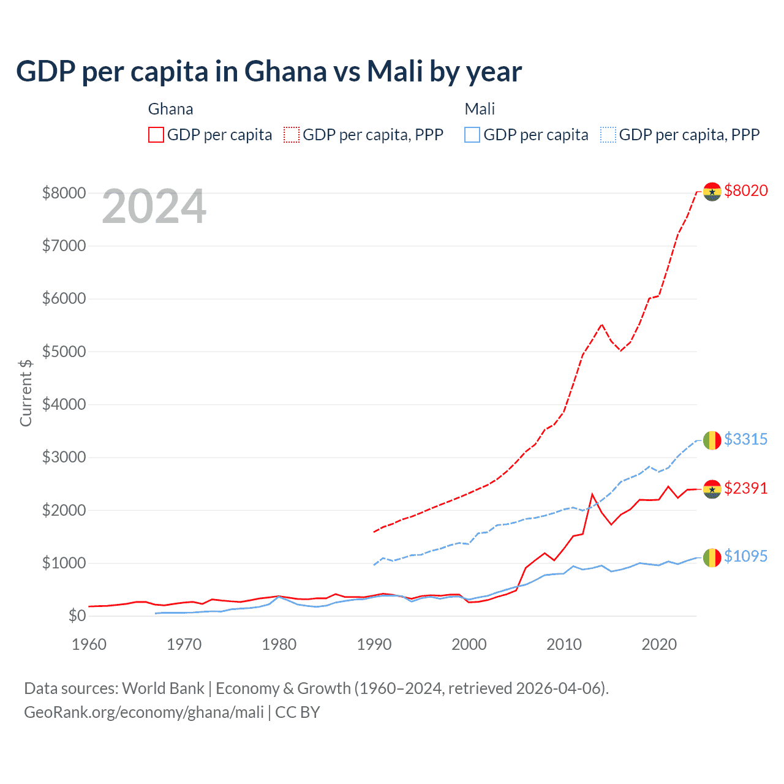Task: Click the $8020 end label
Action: click(x=745, y=190)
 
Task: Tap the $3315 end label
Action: click(x=745, y=439)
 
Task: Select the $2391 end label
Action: click(x=745, y=488)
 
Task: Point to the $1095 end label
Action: click(x=745, y=556)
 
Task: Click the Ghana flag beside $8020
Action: click(x=712, y=192)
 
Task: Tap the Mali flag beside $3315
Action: click(x=712, y=440)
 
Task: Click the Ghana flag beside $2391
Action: click(x=712, y=489)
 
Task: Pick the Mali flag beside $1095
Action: click(x=712, y=557)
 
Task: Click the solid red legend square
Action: click(x=156, y=135)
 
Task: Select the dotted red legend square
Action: click(x=292, y=135)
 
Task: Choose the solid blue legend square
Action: click(x=472, y=135)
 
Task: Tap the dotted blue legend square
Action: click(x=608, y=135)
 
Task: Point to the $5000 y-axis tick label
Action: click(x=64, y=352)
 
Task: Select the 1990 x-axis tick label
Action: click(x=374, y=644)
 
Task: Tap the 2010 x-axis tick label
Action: click(x=564, y=644)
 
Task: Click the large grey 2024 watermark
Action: click(x=154, y=206)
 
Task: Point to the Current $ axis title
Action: click(x=26, y=393)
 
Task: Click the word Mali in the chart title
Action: click(x=395, y=71)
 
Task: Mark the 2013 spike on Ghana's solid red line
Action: click(x=592, y=494)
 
